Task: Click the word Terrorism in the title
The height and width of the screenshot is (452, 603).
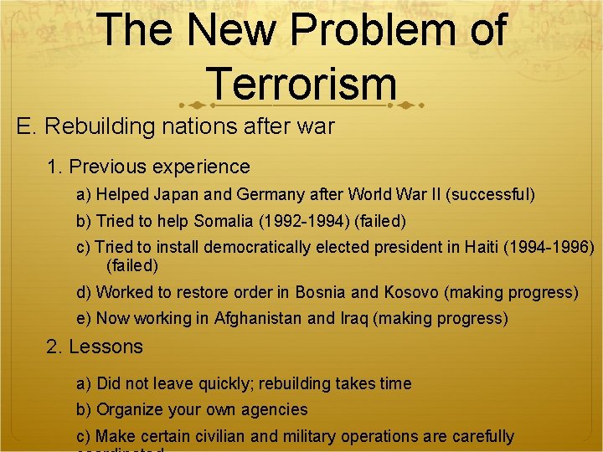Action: point(301,83)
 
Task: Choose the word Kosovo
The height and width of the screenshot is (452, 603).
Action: point(411,292)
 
